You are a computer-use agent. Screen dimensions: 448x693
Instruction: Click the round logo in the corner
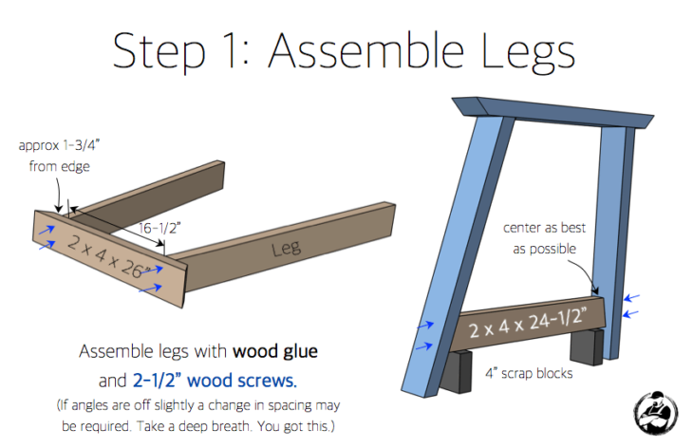[653, 410]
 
